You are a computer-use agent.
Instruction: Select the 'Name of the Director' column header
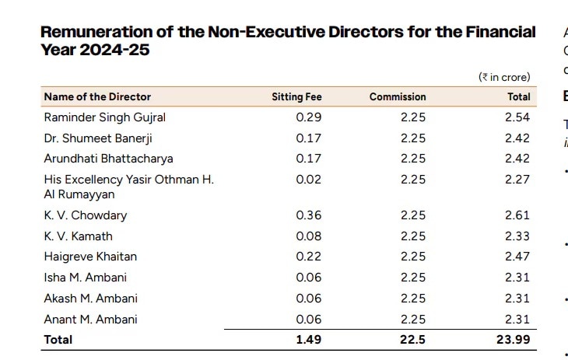(x=97, y=96)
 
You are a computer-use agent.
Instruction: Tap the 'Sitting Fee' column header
(x=296, y=96)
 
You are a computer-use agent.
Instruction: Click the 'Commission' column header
(x=398, y=96)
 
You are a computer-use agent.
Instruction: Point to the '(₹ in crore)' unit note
(x=504, y=77)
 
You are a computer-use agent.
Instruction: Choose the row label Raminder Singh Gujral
(x=104, y=117)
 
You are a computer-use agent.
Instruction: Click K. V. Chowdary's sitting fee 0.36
(x=309, y=215)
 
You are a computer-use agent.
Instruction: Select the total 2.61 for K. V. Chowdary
(x=517, y=215)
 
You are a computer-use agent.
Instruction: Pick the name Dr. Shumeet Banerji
(x=97, y=138)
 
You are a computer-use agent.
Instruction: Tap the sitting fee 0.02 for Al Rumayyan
(x=309, y=179)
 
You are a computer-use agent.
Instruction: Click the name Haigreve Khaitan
(x=90, y=256)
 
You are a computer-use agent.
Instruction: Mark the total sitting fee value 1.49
(x=309, y=339)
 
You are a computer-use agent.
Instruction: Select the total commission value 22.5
(x=413, y=339)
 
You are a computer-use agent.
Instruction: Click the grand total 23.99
(x=514, y=339)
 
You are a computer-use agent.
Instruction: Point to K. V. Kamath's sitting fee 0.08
(x=309, y=236)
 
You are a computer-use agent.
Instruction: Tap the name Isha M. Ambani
(x=85, y=277)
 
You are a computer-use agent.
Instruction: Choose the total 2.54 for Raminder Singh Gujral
(x=517, y=117)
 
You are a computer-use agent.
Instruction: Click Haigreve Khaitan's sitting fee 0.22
(x=309, y=256)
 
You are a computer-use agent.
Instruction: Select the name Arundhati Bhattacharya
(x=108, y=158)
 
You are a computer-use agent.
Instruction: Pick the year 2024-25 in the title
(x=113, y=50)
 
